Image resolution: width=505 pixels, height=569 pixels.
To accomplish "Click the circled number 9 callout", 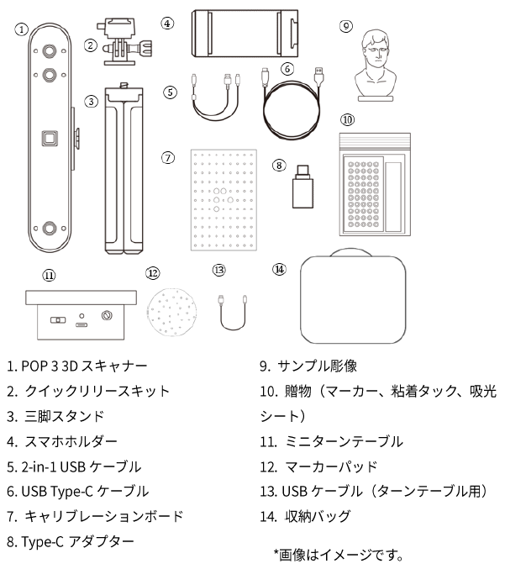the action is click(345, 26).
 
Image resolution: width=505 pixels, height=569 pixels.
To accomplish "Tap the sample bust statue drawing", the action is click(376, 66).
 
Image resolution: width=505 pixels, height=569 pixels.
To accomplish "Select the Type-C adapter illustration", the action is click(302, 187).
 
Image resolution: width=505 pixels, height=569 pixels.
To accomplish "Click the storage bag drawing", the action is click(353, 296).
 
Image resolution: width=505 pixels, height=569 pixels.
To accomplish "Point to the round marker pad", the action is click(171, 312).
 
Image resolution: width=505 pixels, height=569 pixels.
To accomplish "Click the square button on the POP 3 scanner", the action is click(50, 139).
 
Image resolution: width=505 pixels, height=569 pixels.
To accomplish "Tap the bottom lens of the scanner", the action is click(50, 229).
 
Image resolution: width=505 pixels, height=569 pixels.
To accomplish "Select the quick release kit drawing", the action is click(124, 42).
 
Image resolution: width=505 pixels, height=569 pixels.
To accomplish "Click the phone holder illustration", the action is click(245, 34).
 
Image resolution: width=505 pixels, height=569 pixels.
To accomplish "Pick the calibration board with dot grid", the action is click(224, 200).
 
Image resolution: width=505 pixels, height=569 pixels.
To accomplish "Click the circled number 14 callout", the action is click(279, 269).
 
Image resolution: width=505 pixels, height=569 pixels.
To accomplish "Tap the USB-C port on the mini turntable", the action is click(82, 324).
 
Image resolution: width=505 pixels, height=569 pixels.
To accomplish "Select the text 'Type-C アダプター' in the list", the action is click(77, 542).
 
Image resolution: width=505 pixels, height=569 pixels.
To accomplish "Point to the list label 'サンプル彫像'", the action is click(317, 366).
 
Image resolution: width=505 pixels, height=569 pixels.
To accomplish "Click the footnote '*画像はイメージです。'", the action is click(339, 555).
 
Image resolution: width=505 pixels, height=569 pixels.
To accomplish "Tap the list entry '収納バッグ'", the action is click(318, 516).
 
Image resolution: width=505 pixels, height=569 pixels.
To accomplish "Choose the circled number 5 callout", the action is click(170, 92).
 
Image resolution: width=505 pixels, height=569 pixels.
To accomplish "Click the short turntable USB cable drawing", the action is click(233, 313).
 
